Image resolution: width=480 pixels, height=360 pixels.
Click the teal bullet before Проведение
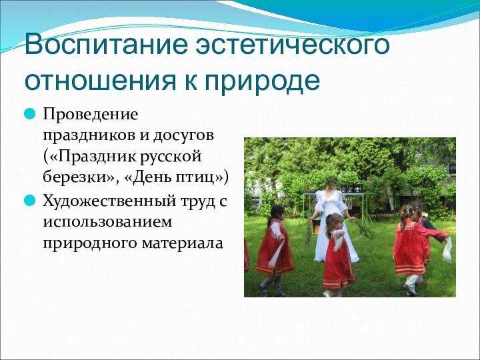[x=30, y=115]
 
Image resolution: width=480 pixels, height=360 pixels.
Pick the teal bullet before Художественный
[x=30, y=200]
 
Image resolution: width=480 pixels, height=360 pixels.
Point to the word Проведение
[x=91, y=115]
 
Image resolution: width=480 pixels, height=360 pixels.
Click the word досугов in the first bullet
[x=193, y=136]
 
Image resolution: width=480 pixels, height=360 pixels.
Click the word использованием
[x=107, y=221]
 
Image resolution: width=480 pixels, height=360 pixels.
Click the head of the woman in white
[x=331, y=182]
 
